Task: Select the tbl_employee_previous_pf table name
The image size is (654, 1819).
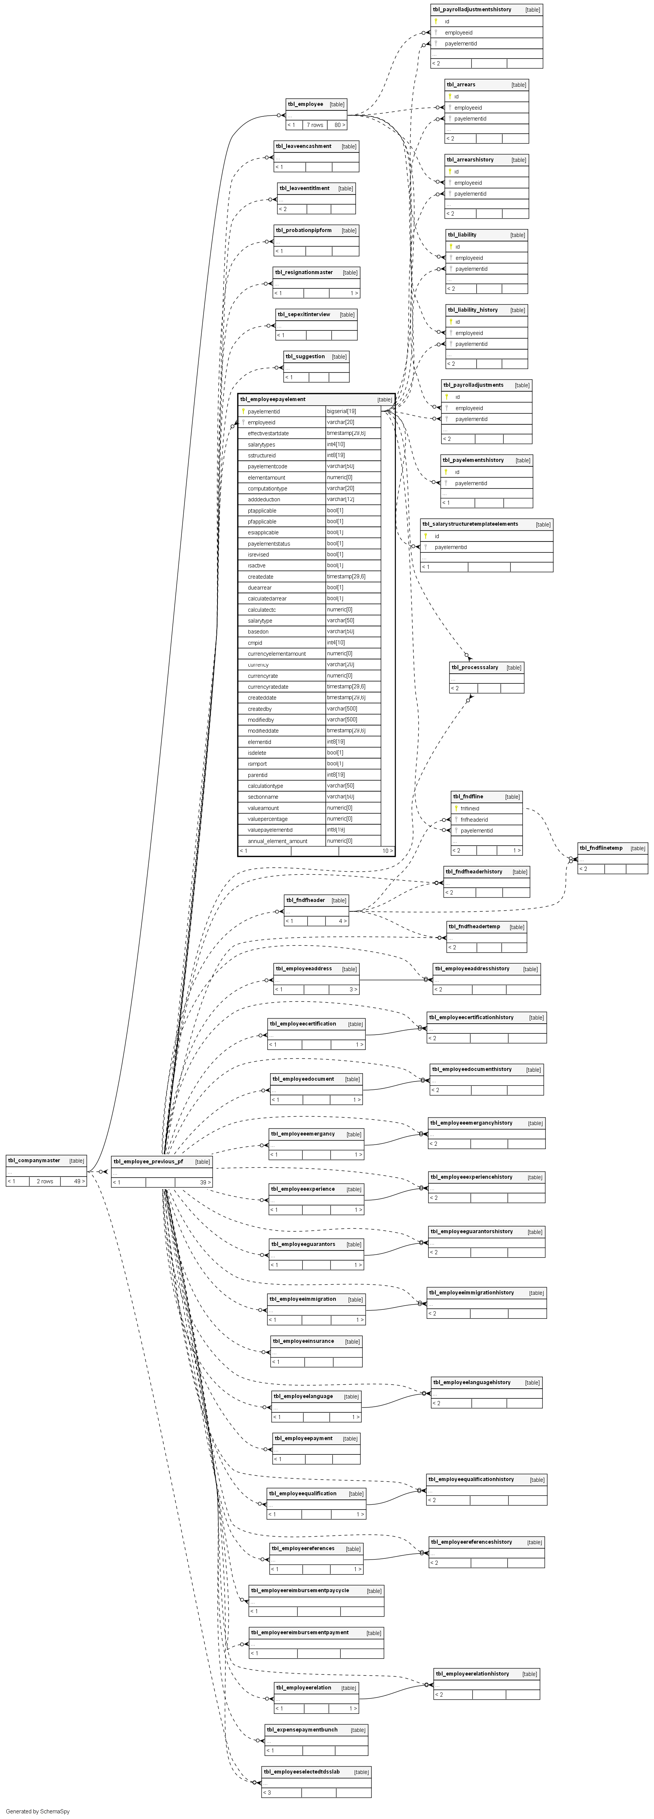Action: (x=148, y=1161)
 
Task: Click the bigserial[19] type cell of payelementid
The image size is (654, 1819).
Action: (x=342, y=411)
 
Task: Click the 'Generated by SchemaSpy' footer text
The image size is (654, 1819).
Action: (x=38, y=1811)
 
